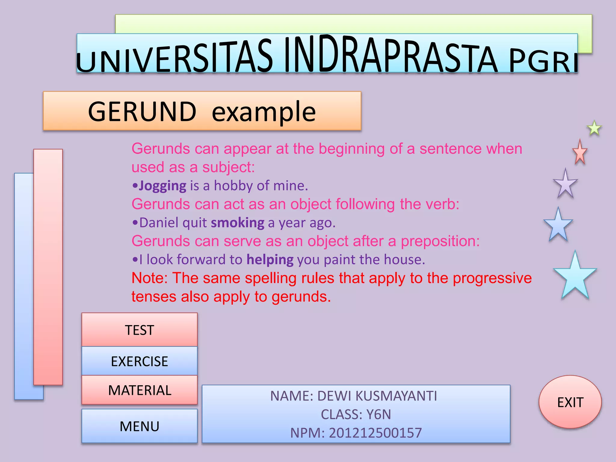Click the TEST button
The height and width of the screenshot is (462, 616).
(x=139, y=330)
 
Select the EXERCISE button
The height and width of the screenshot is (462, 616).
(x=139, y=361)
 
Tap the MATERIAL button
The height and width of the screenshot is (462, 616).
(x=139, y=390)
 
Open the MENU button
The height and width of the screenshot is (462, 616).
(x=139, y=426)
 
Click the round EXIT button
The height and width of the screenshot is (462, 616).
(x=570, y=402)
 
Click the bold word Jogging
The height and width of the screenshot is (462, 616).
(x=162, y=186)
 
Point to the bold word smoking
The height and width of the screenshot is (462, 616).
(x=237, y=223)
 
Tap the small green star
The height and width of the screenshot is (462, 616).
(x=594, y=128)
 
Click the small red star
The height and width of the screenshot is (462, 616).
(x=580, y=153)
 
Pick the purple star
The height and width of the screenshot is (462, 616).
(x=565, y=184)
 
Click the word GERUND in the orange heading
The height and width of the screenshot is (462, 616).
(x=142, y=112)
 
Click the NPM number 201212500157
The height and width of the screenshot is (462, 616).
(x=375, y=433)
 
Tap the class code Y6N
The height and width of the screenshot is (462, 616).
(x=378, y=414)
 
